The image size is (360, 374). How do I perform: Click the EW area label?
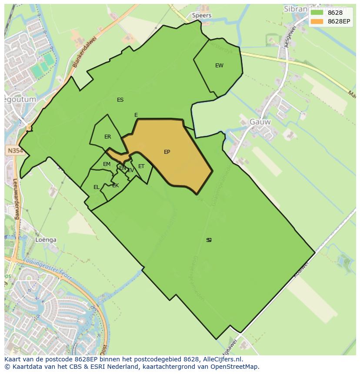(x=219, y=66)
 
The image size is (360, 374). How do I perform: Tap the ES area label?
(x=120, y=100)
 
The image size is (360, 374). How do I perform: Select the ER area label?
(x=107, y=137)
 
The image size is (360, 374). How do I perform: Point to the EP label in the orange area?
(x=167, y=152)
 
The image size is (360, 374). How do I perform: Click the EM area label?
(x=107, y=164)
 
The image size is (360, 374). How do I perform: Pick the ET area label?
(x=141, y=166)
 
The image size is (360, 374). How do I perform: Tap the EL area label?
(x=96, y=187)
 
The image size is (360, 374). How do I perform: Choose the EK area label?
(x=115, y=185)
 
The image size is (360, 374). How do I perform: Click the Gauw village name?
(x=260, y=122)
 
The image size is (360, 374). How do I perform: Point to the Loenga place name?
(x=46, y=239)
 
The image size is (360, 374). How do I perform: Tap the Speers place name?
(x=201, y=15)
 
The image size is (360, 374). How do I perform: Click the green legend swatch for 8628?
(x=317, y=13)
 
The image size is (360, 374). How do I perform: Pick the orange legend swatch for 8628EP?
(x=317, y=21)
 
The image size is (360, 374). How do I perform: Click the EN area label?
(x=123, y=168)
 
